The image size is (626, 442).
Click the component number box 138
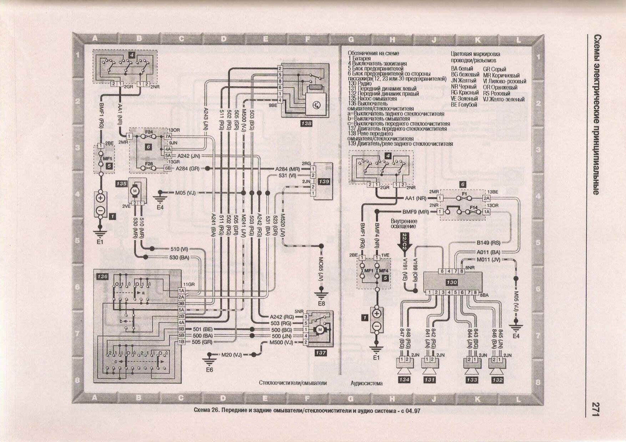[x=306, y=123]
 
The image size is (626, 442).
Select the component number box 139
[x=324, y=181]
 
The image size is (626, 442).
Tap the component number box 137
[x=320, y=353]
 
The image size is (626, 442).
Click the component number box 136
[x=102, y=277]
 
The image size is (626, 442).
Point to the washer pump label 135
[x=121, y=184]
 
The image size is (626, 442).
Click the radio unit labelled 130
[x=451, y=282]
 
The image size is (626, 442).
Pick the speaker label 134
[x=404, y=380]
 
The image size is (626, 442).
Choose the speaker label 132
[x=497, y=380]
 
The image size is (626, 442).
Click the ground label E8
[x=321, y=304]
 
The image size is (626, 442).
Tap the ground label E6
[x=209, y=370]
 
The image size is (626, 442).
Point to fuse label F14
[x=473, y=207]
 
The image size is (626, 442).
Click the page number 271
[x=595, y=409]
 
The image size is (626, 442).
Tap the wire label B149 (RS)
[x=489, y=243]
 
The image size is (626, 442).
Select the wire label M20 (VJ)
[x=232, y=355]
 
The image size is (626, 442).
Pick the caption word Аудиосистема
[x=367, y=383]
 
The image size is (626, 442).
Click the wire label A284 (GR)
[x=187, y=169]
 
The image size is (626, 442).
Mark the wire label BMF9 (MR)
[x=415, y=212]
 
